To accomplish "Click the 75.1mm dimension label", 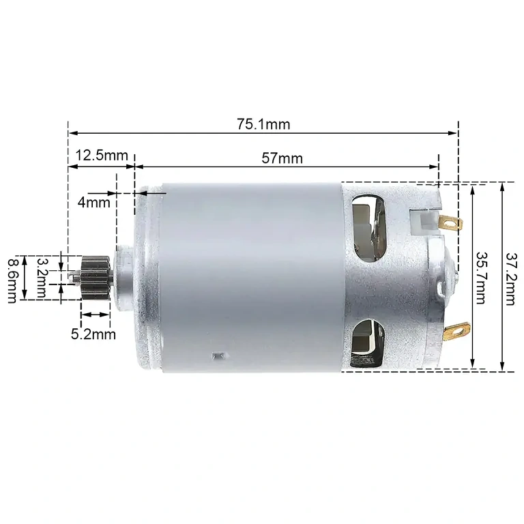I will coord(263,124).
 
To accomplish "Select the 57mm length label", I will coord(282,158).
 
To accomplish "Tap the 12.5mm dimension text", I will coord(102,155).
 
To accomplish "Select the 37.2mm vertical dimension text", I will coord(510,278).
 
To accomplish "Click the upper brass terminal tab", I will coord(450,222).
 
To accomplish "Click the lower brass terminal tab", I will coord(453,334).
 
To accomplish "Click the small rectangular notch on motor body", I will coord(218,355).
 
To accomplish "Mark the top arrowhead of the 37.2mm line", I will coord(502,186).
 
